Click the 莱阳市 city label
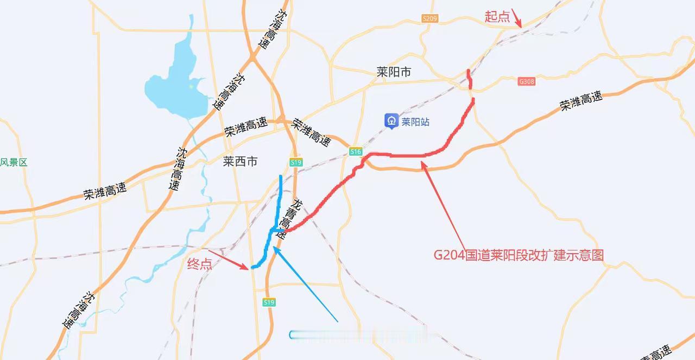(394, 72)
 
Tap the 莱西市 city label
(240, 161)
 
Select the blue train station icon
(391, 121)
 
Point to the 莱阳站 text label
(415, 122)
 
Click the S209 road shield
(429, 19)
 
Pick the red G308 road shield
(526, 81)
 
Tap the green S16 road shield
(356, 152)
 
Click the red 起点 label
(497, 17)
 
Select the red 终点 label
(199, 264)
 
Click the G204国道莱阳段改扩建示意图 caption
(519, 255)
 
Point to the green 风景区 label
(14, 162)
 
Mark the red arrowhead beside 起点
(520, 25)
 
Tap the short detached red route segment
(469, 79)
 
